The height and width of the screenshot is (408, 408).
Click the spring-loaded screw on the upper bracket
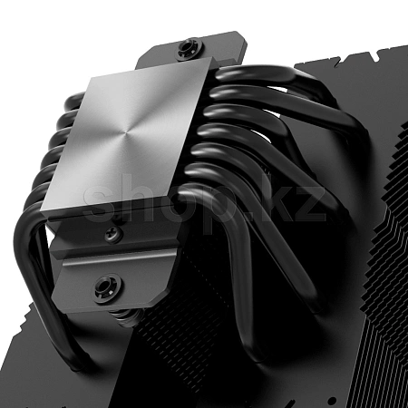point(189,48)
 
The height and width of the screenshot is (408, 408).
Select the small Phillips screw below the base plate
point(114,234)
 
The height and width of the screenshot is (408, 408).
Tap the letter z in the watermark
point(308,203)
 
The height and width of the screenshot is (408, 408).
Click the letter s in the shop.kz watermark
point(99,202)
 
